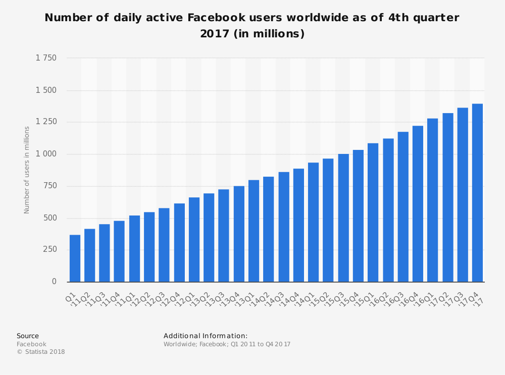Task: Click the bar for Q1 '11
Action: [75, 258]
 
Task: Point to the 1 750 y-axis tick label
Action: [46, 58]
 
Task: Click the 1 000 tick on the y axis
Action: [46, 154]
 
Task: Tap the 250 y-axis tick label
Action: [49, 249]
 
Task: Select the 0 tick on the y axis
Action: [54, 282]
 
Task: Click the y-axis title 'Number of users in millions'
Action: [27, 170]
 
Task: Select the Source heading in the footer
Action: [28, 336]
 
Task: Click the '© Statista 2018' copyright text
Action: [41, 352]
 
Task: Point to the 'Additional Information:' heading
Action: [206, 336]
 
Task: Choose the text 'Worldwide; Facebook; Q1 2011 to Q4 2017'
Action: [227, 344]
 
